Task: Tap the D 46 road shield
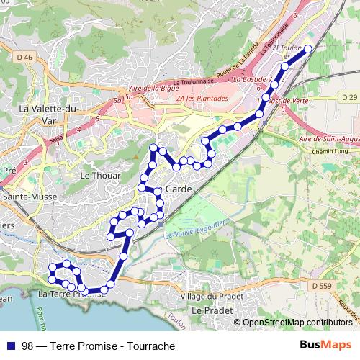pyautogui.click(x=24, y=57)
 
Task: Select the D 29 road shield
pyautogui.click(x=349, y=96)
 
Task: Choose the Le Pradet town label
pyautogui.click(x=210, y=309)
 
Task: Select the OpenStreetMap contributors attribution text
pyautogui.click(x=297, y=322)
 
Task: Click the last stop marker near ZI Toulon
pyautogui.click(x=308, y=49)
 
